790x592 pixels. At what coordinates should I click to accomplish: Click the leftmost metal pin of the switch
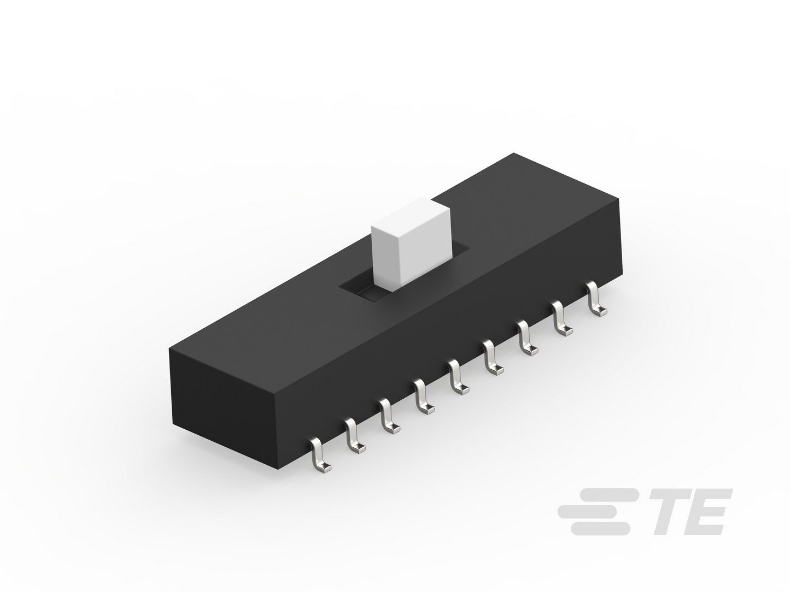[x=319, y=455]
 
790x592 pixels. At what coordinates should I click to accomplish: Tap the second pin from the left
[x=354, y=436]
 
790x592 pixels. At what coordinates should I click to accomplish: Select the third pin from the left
[x=389, y=416]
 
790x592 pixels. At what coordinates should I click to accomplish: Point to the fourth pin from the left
[x=423, y=397]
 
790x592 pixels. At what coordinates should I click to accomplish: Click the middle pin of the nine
[x=458, y=377]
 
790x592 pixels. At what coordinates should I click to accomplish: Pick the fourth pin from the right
[x=493, y=358]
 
